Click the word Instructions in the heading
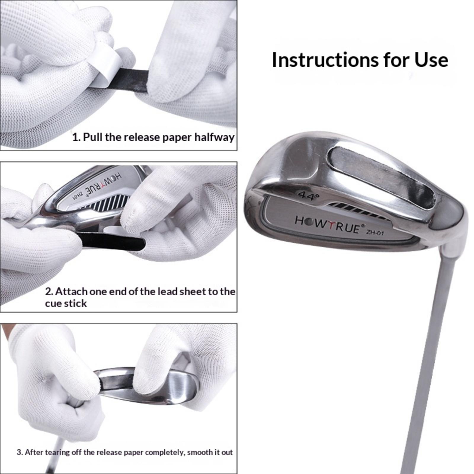pyautogui.click(x=325, y=60)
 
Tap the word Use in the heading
pyautogui.click(x=431, y=60)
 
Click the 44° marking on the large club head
pyautogui.click(x=308, y=196)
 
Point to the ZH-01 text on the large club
pyautogui.click(x=375, y=232)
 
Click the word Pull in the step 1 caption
pyautogui.click(x=92, y=137)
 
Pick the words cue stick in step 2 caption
pyautogui.click(x=66, y=303)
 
